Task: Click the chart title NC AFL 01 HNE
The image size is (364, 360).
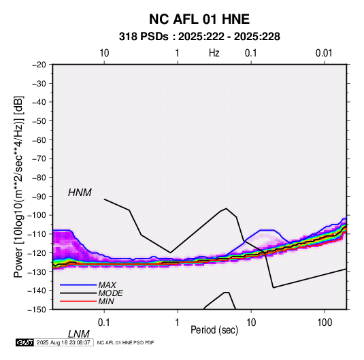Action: (x=199, y=19)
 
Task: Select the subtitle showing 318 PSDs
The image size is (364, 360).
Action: (x=199, y=37)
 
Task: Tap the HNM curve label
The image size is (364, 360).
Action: (x=80, y=193)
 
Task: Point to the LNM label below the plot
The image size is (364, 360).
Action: (x=79, y=334)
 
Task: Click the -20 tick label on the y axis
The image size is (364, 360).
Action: (x=39, y=65)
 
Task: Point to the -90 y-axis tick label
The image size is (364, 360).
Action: (x=39, y=197)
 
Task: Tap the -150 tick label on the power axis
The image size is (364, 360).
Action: (x=37, y=310)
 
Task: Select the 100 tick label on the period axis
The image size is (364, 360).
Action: (x=325, y=323)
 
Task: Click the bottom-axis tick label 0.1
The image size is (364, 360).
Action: (x=103, y=323)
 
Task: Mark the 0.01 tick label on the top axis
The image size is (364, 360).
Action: (x=324, y=53)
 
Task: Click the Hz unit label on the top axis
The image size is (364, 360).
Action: (x=214, y=53)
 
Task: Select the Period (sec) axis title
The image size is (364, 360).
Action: (x=214, y=330)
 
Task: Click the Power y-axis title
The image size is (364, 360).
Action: (x=18, y=187)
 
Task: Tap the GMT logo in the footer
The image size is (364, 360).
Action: (x=24, y=342)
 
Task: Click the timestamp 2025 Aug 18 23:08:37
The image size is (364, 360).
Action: (x=63, y=342)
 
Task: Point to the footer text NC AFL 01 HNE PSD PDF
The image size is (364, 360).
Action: (x=125, y=343)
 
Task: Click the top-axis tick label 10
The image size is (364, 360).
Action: (x=104, y=53)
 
